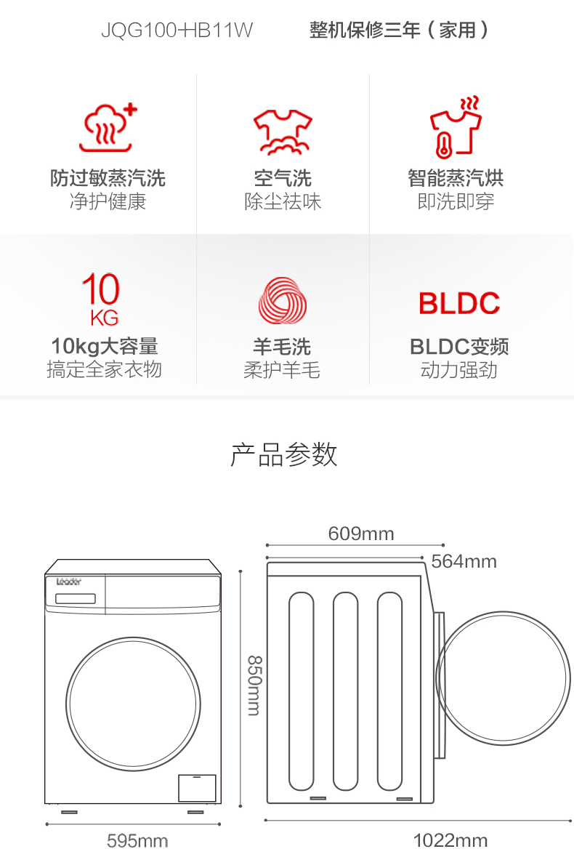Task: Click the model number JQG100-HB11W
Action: [x=177, y=31]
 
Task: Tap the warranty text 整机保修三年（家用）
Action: [x=399, y=31]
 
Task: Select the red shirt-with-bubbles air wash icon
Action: [x=282, y=132]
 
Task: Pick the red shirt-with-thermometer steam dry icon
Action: [x=456, y=126]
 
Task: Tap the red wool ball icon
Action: [x=283, y=299]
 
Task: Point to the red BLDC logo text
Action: [x=459, y=303]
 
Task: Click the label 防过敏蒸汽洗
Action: [x=108, y=178]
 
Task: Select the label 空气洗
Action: [x=283, y=178]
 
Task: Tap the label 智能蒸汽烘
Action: [x=456, y=178]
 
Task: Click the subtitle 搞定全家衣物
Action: [x=104, y=370]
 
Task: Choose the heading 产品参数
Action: [x=284, y=454]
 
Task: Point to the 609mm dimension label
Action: [x=361, y=534]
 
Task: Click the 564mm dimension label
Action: [x=464, y=561]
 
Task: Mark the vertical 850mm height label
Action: [x=253, y=685]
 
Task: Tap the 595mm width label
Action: [x=137, y=841]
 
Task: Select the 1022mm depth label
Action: [x=450, y=841]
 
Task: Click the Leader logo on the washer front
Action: [x=69, y=582]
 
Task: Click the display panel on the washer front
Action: [x=76, y=599]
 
